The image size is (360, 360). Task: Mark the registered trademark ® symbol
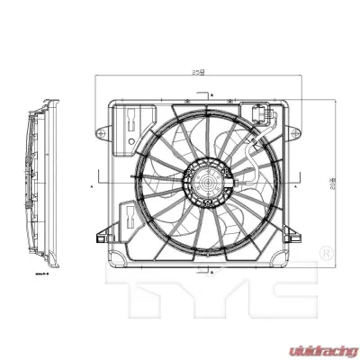click(x=328, y=249)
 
